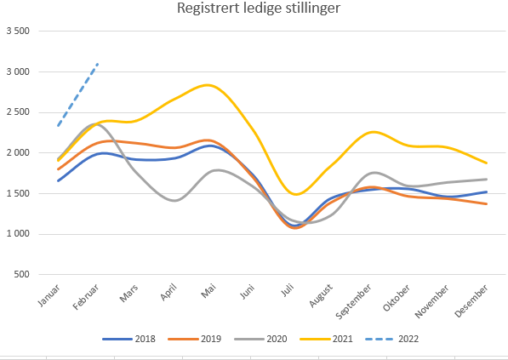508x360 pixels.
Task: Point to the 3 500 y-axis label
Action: click(17, 31)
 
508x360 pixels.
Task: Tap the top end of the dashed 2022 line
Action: click(99, 63)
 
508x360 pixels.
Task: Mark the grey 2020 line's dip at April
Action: click(175, 201)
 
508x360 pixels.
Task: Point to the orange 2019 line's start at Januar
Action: click(58, 169)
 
